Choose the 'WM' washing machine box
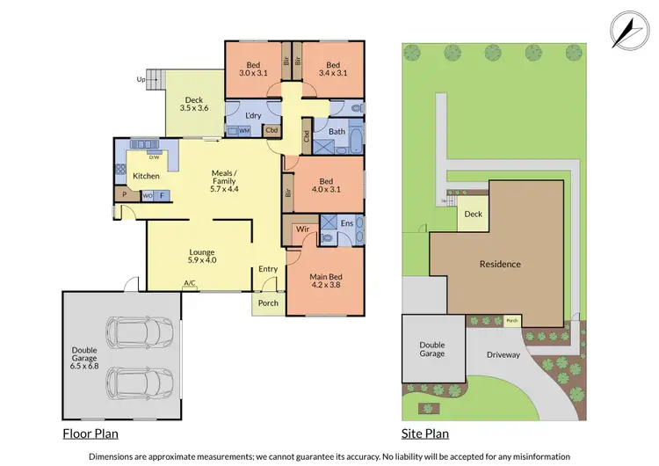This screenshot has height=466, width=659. [x=243, y=131]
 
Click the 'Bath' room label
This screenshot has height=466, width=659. [x=337, y=132]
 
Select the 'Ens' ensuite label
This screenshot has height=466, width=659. [x=347, y=224]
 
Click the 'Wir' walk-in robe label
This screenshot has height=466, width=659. [x=303, y=229]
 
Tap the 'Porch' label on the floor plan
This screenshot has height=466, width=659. [x=268, y=303]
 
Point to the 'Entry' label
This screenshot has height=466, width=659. [x=268, y=269]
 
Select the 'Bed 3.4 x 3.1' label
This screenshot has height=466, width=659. [x=332, y=69]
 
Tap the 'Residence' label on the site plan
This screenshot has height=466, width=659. [x=500, y=264]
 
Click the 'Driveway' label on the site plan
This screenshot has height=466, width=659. [x=503, y=355]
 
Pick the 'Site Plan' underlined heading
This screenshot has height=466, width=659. [x=425, y=433]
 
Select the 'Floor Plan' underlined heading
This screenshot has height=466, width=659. [x=91, y=433]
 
